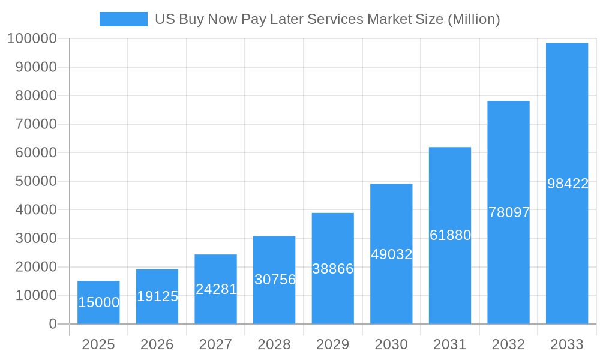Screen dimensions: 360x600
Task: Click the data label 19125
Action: tap(157, 296)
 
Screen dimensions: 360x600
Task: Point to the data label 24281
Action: tap(216, 289)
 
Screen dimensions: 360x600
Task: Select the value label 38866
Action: tap(333, 269)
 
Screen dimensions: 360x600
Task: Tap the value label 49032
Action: tap(391, 254)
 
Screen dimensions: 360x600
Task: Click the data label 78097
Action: tap(509, 212)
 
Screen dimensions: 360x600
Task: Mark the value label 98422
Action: tap(568, 184)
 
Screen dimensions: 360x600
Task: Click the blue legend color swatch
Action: tap(123, 19)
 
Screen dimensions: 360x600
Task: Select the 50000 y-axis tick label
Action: tap(35, 181)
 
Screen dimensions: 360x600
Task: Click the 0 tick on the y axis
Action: tap(52, 324)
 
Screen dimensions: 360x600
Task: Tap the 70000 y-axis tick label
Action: tap(35, 124)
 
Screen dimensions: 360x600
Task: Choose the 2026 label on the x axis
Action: tap(157, 344)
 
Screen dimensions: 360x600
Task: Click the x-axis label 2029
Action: tap(333, 344)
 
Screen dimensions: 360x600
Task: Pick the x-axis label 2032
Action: tap(509, 344)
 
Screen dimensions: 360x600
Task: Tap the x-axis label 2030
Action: tap(391, 344)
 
